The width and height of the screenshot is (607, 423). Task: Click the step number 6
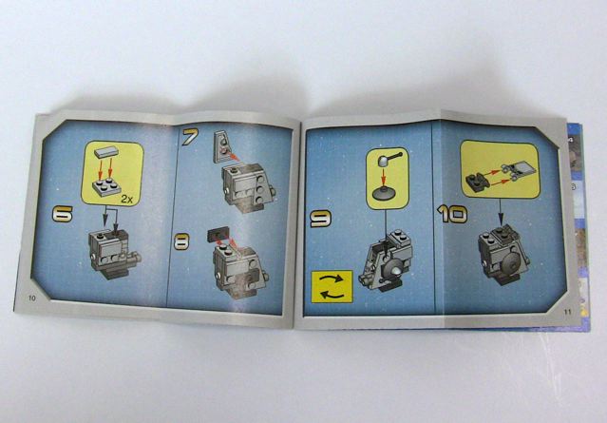63,214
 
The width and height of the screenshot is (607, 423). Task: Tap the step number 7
190,137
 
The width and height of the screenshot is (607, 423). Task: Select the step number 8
181,241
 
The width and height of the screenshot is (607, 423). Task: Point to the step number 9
320,218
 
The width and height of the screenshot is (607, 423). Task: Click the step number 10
452,214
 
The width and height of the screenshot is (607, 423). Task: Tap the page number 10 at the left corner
31,298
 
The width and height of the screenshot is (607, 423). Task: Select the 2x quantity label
126,200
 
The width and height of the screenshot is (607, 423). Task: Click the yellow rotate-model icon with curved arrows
332,287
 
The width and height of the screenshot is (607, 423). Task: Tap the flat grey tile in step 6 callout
106,152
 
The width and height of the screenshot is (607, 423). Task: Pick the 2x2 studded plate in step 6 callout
106,186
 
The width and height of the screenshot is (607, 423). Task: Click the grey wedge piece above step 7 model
221,146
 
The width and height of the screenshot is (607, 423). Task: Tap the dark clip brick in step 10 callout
477,181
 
